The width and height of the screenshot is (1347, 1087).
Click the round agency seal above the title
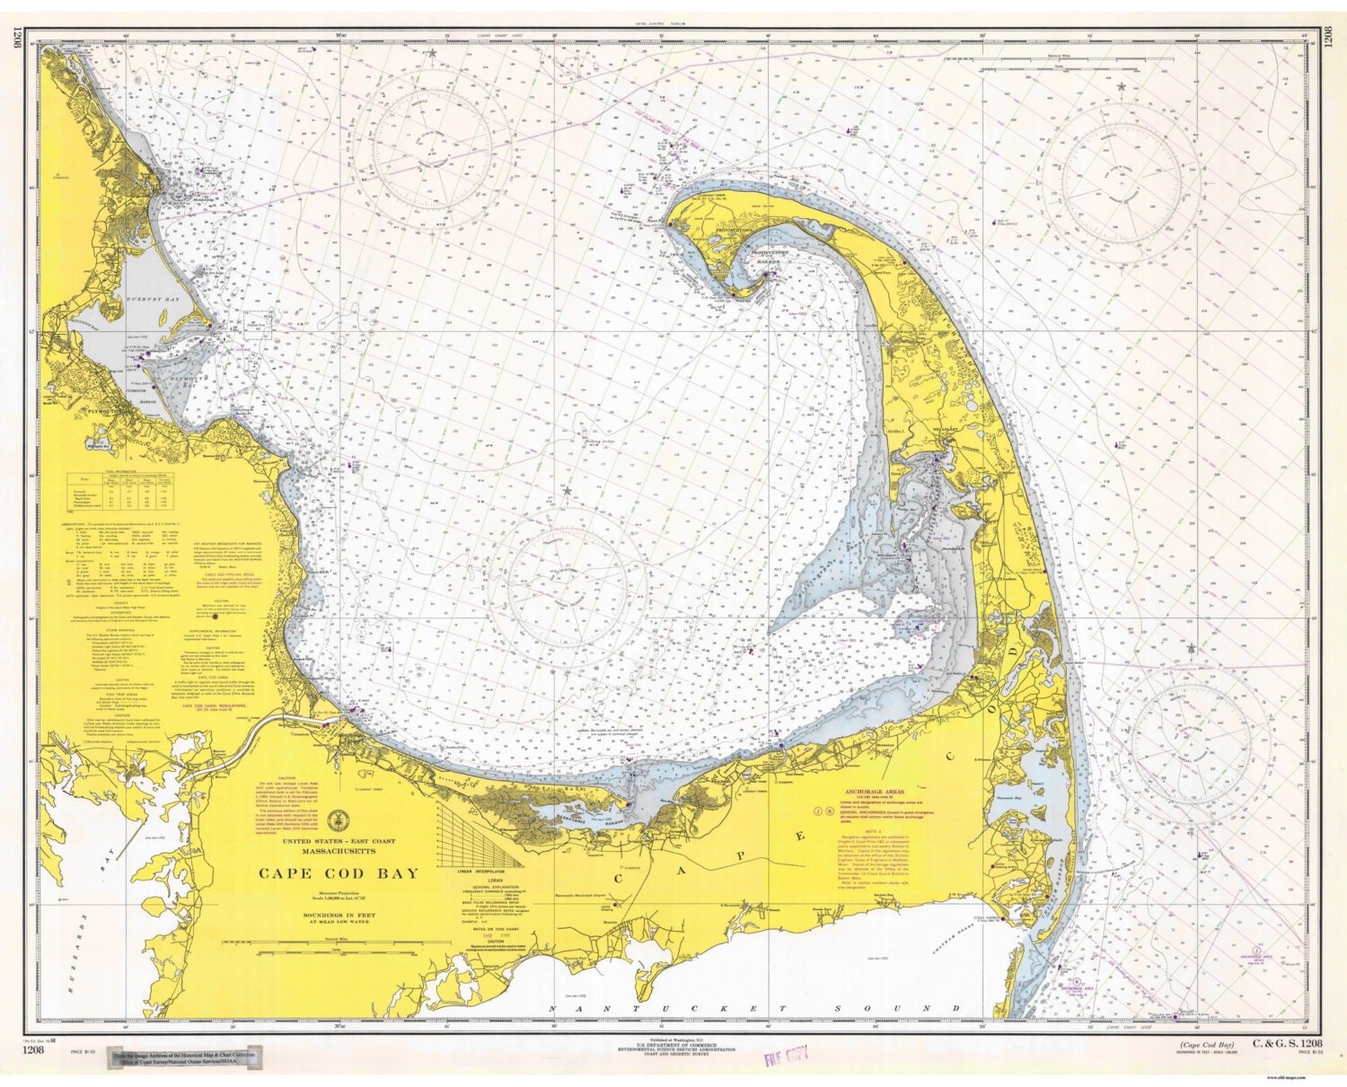point(339,819)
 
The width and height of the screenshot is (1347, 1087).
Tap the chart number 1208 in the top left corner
point(15,40)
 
